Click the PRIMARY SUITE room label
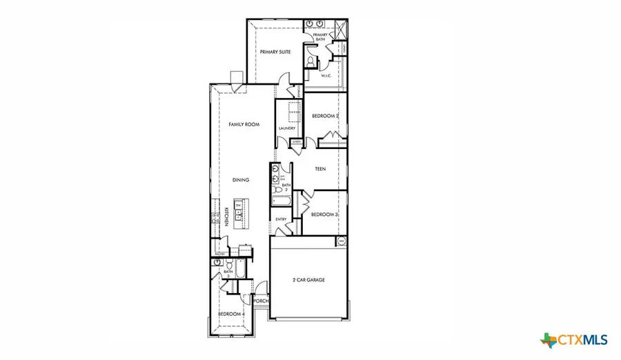[275, 52]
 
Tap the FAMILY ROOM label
[244, 124]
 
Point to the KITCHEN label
[226, 216]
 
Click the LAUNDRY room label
[287, 128]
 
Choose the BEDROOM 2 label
[324, 116]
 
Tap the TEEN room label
[320, 168]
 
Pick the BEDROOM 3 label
[324, 214]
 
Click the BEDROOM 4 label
[231, 314]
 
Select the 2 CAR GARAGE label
[307, 279]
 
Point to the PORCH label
[260, 301]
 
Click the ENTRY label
[281, 219]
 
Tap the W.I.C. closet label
[327, 76]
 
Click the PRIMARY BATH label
[320, 37]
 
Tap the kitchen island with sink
[239, 214]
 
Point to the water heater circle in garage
[341, 241]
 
